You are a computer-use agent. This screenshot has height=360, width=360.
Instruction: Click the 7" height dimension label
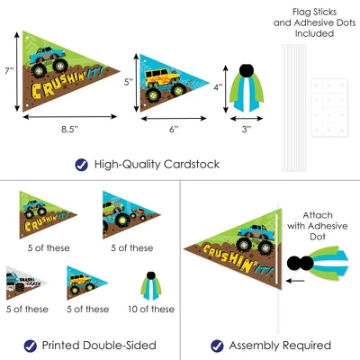coord(9,71)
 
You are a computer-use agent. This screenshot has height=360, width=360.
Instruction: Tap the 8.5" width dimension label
coord(69,129)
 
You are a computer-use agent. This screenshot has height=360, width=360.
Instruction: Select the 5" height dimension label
coord(129,82)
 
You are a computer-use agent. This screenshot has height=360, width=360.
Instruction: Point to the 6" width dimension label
coord(174,130)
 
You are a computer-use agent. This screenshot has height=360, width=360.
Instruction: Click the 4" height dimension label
coord(218,87)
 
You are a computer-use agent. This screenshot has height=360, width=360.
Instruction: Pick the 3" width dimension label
coord(247,130)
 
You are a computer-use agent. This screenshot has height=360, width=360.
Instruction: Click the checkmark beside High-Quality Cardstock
coord(81,165)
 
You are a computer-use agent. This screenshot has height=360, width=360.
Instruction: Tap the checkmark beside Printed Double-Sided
coord(31,346)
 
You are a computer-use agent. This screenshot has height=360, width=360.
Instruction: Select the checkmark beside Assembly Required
coord(217,346)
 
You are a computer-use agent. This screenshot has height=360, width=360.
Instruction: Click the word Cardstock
coord(192,165)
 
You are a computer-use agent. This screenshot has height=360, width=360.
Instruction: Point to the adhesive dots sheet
coord(329,107)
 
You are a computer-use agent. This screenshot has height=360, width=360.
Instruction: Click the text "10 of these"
coord(151,309)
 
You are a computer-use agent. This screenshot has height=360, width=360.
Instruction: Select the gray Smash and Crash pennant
coord(26,283)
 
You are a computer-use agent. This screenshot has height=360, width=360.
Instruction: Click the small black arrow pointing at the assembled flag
coord(295,281)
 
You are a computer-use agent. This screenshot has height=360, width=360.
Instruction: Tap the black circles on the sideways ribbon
coord(301,264)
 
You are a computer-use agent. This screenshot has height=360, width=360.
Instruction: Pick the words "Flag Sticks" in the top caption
coord(314,12)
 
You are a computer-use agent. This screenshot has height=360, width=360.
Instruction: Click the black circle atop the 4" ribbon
coord(247,70)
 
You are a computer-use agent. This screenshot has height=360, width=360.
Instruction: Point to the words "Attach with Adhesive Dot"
coord(318,226)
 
